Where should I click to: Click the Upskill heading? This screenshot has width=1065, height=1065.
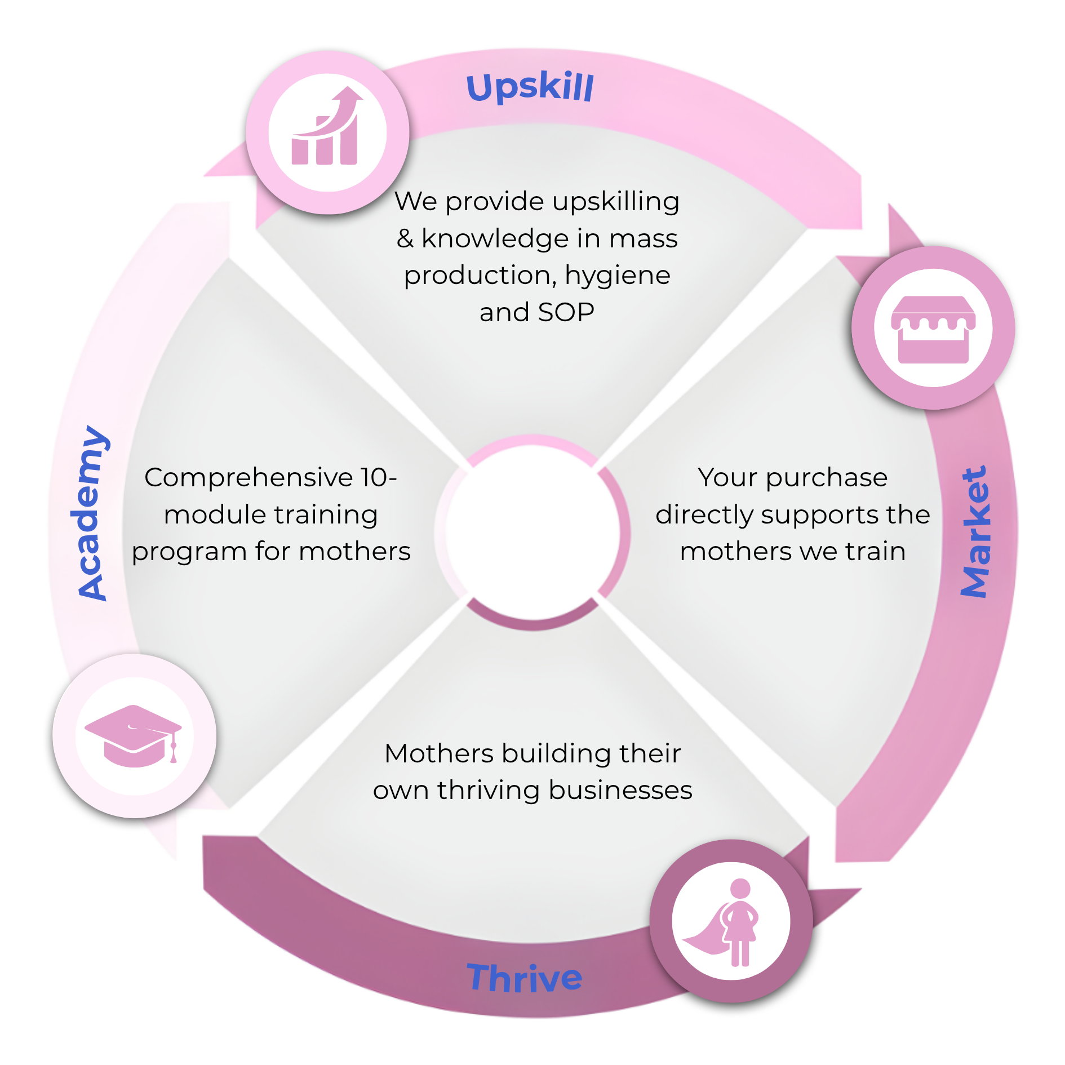530,87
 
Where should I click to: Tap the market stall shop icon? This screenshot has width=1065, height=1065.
933,329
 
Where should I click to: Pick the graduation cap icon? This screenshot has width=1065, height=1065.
134,735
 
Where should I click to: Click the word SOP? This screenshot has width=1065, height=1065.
566,312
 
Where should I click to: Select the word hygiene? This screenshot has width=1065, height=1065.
618,276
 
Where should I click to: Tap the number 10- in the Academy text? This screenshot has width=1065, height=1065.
379,477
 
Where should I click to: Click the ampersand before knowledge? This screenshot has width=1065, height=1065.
405,238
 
